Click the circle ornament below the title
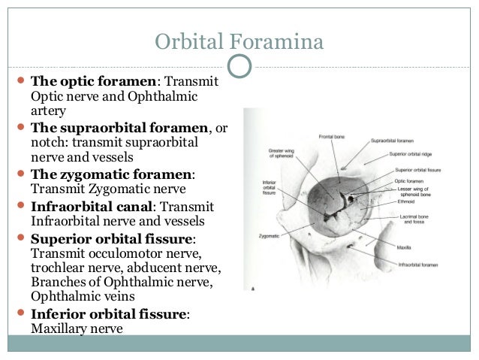tap(239, 65)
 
